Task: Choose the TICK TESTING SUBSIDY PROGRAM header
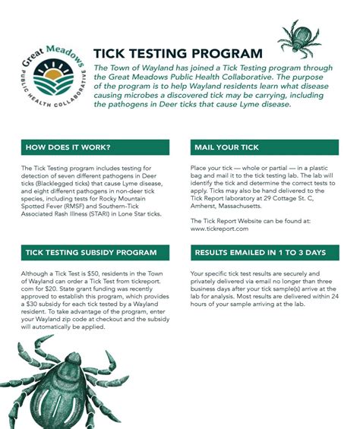click(x=91, y=253)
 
